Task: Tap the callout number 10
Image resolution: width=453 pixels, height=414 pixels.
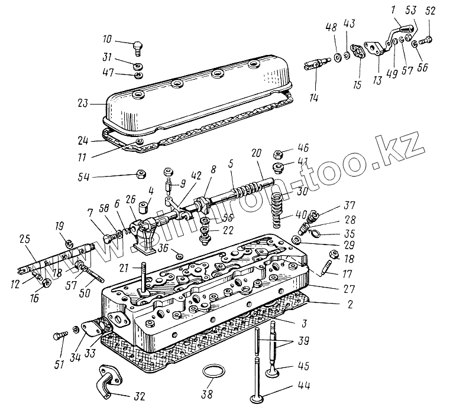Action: point(106,40)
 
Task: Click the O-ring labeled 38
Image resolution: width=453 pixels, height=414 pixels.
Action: point(214,373)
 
